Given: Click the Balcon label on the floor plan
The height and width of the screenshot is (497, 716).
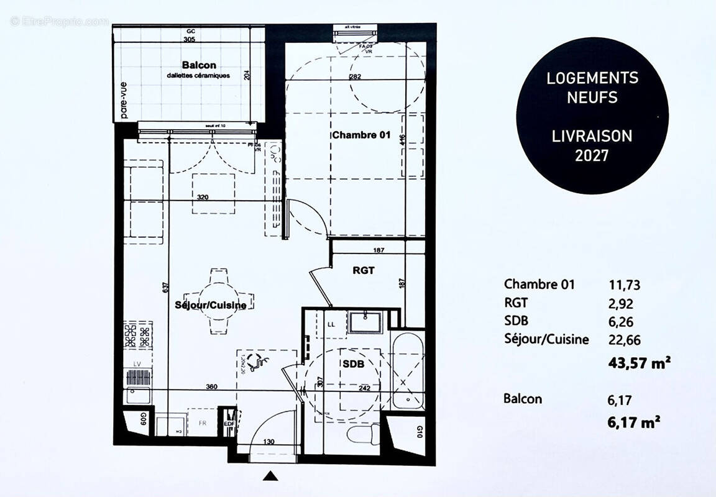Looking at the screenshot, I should coord(199,65).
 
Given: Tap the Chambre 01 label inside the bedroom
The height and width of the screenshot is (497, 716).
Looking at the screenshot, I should coord(360,135).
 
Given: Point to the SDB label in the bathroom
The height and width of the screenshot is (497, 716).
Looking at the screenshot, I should coord(352,363).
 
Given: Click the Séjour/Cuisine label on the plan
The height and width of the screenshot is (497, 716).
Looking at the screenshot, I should coord(211,305).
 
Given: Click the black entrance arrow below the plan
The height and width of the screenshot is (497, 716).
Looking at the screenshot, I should coord(270,476).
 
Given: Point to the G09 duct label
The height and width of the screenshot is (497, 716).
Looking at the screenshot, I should coord(142,418).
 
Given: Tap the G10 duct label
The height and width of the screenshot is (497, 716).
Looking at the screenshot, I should coord(420,430).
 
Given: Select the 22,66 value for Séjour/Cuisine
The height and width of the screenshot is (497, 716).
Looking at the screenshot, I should coord(624,340).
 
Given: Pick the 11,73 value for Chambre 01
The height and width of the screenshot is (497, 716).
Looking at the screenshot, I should coord(624,285).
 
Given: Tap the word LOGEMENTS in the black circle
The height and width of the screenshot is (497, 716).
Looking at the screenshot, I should coord(592,78).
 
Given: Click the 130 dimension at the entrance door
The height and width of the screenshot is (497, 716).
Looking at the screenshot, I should coord(268,442).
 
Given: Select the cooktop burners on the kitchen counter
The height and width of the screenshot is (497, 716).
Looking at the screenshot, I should coord(138,336).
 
